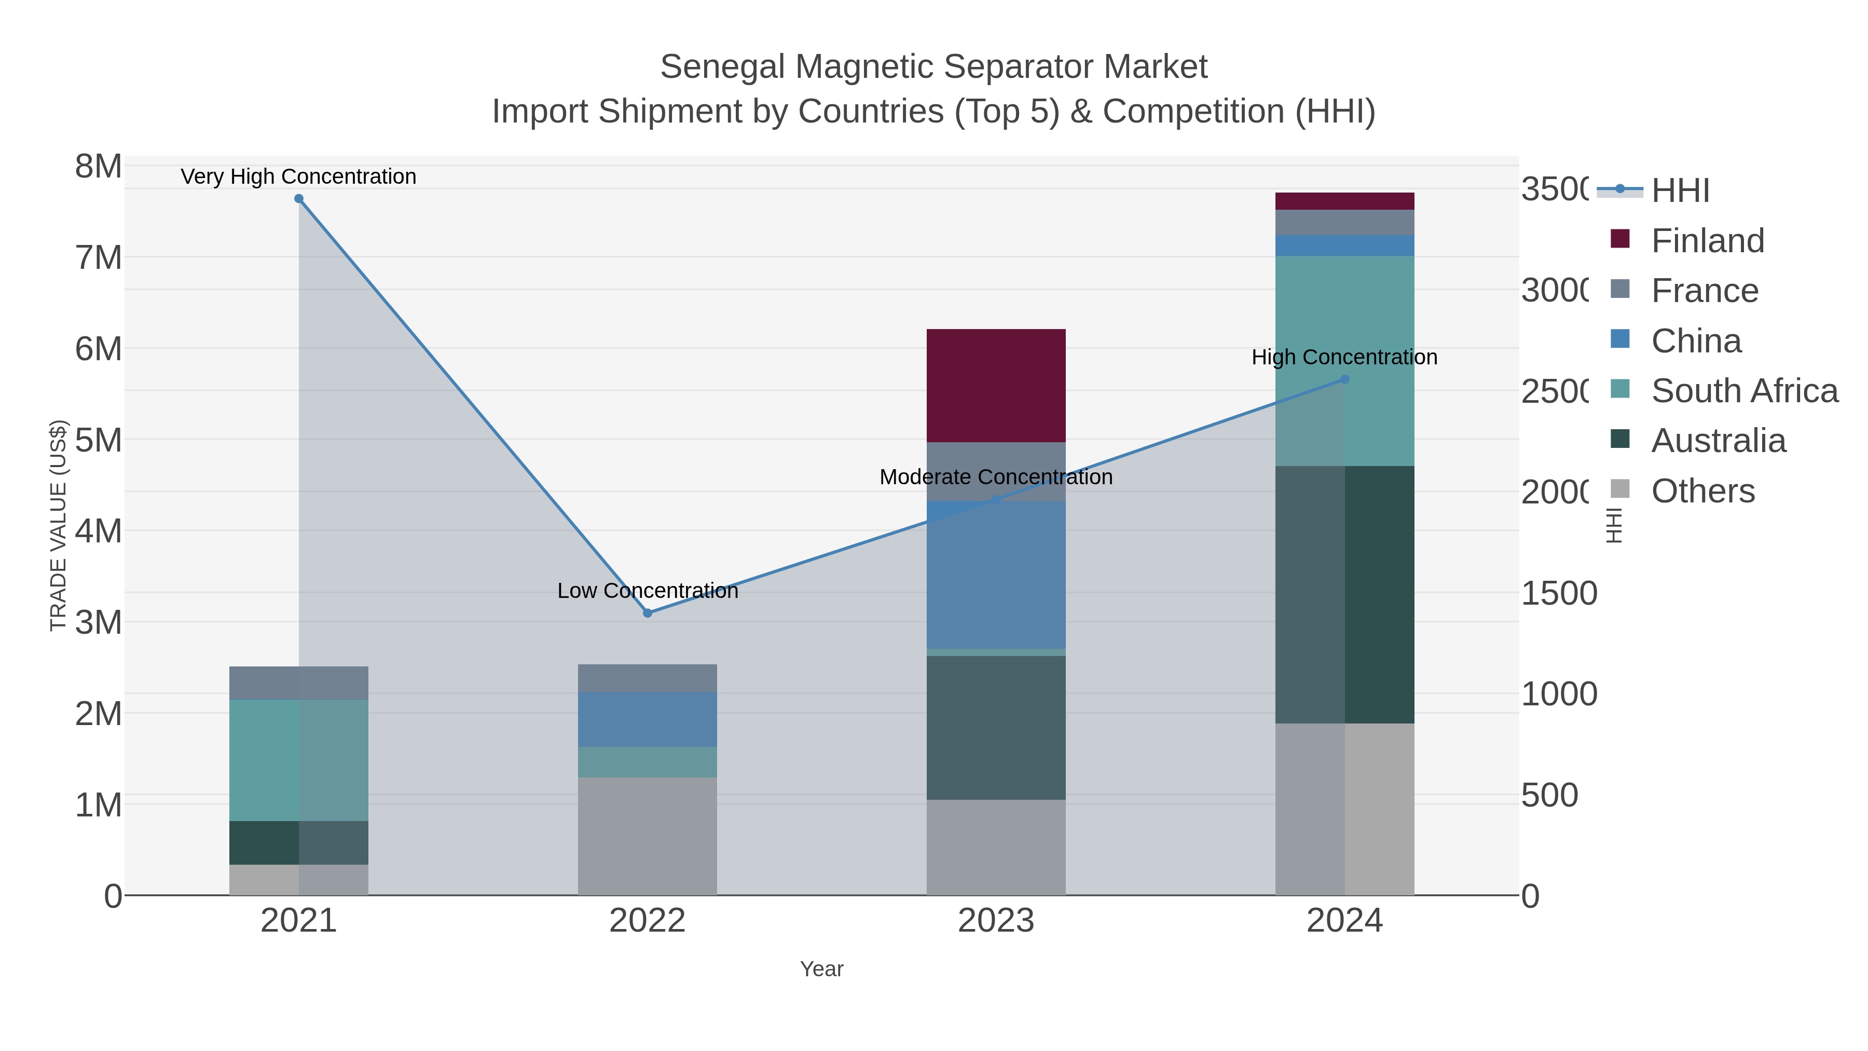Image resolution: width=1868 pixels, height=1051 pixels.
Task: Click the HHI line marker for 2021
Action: [x=299, y=199]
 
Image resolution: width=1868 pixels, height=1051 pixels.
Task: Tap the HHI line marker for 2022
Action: [x=648, y=613]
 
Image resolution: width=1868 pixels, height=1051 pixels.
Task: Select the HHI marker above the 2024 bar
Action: [x=1344, y=379]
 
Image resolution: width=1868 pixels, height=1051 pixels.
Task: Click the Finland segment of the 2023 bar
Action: [x=996, y=385]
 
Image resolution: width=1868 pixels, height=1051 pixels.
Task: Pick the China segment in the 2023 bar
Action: [x=996, y=575]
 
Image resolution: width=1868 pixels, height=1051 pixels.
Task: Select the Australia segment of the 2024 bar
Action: [x=1344, y=594]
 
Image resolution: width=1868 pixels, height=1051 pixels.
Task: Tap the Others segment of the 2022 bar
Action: [x=648, y=836]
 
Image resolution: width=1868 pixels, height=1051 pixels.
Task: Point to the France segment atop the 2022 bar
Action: [x=648, y=678]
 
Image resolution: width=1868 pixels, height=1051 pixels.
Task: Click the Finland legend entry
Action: [x=1707, y=241]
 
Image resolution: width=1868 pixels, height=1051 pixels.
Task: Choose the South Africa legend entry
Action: [x=1744, y=391]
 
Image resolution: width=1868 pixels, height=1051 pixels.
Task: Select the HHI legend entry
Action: [x=1680, y=191]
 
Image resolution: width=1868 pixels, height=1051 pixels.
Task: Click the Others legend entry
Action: [x=1702, y=491]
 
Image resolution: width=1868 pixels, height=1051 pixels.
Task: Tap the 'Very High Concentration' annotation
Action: [x=299, y=176]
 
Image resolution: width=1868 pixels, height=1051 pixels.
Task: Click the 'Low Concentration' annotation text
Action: [x=648, y=591]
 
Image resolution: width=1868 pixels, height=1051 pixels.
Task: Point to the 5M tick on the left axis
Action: [x=99, y=440]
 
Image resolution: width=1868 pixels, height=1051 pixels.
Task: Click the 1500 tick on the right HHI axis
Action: [x=1558, y=593]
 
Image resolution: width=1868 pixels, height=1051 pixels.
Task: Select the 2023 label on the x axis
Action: [x=996, y=920]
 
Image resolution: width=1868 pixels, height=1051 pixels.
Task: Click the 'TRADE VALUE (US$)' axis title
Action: [x=58, y=525]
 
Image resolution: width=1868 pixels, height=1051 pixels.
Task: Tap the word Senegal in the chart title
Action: [x=722, y=67]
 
